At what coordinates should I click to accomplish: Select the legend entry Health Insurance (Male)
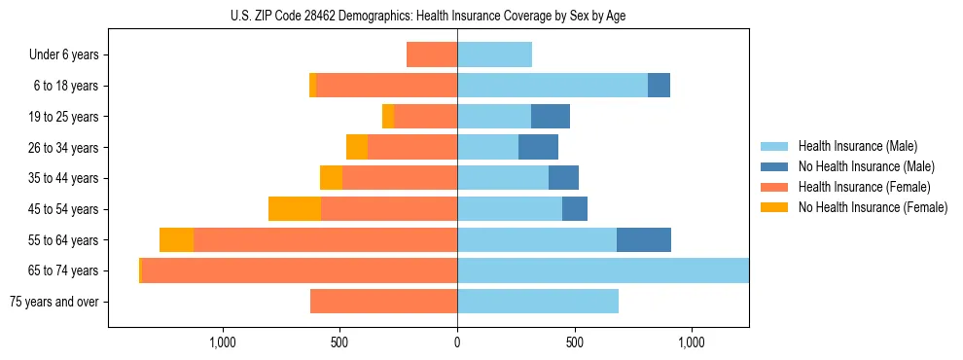(857, 146)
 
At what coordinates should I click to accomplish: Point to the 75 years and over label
(54, 302)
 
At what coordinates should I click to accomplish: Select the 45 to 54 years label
(63, 209)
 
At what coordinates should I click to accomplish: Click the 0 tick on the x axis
(457, 342)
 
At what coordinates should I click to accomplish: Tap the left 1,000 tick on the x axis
(222, 342)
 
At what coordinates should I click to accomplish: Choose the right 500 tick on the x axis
(575, 342)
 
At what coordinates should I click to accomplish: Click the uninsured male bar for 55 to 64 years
(644, 240)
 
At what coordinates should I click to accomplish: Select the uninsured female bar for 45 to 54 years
(295, 209)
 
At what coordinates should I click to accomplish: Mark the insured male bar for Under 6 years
(494, 54)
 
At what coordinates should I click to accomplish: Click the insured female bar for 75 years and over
(383, 302)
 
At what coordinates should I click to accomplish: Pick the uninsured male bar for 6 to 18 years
(659, 86)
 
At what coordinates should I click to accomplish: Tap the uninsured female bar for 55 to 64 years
(176, 240)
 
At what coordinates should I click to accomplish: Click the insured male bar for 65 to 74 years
(603, 270)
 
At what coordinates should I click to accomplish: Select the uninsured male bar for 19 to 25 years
(551, 117)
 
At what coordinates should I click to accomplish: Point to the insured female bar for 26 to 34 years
(412, 147)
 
